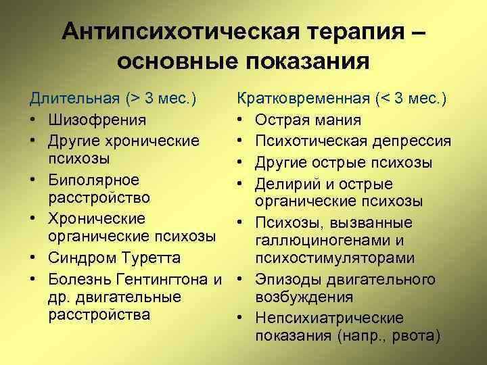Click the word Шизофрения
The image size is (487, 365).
tap(96, 120)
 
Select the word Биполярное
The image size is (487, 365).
tap(94, 180)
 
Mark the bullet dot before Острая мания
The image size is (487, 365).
tap(241, 121)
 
